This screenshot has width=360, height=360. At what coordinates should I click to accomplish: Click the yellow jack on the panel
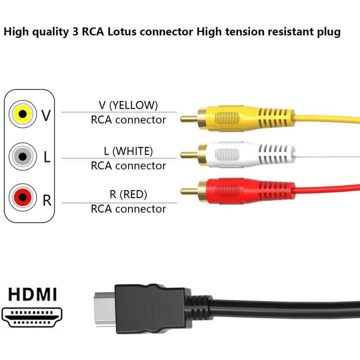click(21, 114)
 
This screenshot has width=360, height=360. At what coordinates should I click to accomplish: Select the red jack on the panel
click(21, 197)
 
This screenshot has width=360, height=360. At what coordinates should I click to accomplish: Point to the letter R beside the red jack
click(47, 200)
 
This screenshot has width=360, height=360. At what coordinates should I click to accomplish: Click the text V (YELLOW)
click(128, 105)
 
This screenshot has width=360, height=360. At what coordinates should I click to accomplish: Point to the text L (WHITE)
click(128, 151)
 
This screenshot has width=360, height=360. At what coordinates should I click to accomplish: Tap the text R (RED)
click(128, 194)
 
